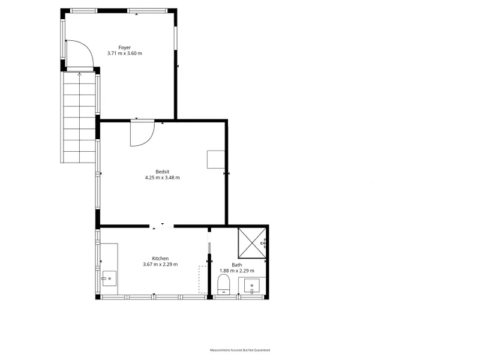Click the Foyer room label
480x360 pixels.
point(125,47)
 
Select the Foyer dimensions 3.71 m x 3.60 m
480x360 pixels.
point(125,53)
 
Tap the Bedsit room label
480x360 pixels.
point(162,172)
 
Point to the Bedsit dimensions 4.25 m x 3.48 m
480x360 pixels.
point(162,178)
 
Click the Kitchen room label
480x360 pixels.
point(160,259)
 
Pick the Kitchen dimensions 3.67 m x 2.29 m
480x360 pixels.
point(160,265)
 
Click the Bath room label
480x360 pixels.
point(237,265)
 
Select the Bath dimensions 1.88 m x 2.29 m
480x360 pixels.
point(237,271)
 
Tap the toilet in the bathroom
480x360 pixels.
point(223,284)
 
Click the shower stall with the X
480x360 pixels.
point(252,243)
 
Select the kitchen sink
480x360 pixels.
point(109,278)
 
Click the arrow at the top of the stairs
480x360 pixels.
point(80,74)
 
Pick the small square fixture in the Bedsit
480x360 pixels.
point(216,159)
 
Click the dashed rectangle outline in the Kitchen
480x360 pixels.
point(203,280)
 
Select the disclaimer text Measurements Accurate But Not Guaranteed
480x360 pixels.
point(240,350)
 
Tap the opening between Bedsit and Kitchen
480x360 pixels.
point(162,226)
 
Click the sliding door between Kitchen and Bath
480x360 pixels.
point(209,243)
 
